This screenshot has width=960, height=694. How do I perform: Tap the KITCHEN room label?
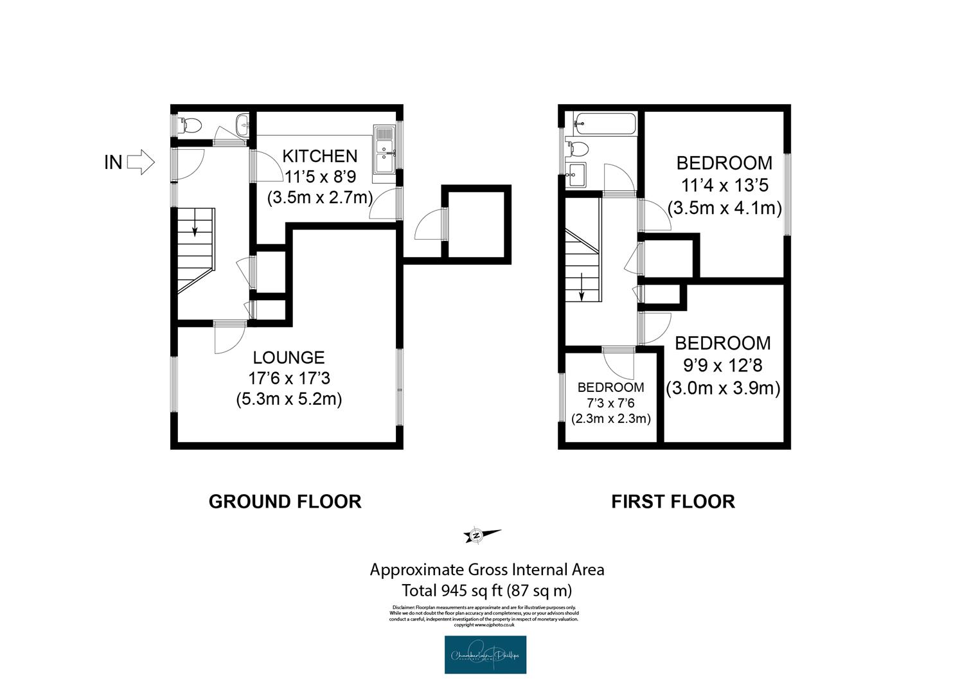(x=319, y=156)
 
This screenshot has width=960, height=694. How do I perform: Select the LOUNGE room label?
(x=289, y=358)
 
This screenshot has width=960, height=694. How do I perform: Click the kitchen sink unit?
(x=384, y=150)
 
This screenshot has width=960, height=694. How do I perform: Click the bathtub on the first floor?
(x=605, y=123)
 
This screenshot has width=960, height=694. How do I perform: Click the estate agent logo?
(x=485, y=655)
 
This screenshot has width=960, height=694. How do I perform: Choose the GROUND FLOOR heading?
(x=285, y=501)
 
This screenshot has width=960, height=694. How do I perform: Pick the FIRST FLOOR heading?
(x=673, y=501)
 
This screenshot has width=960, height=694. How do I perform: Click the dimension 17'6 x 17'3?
(x=289, y=378)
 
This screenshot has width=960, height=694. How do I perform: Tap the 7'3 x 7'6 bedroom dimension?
(x=610, y=403)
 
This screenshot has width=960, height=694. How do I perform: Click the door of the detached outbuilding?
(x=430, y=225)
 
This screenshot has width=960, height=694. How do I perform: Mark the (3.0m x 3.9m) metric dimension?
(x=723, y=388)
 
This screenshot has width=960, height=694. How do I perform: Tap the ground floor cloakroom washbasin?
(x=242, y=125)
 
